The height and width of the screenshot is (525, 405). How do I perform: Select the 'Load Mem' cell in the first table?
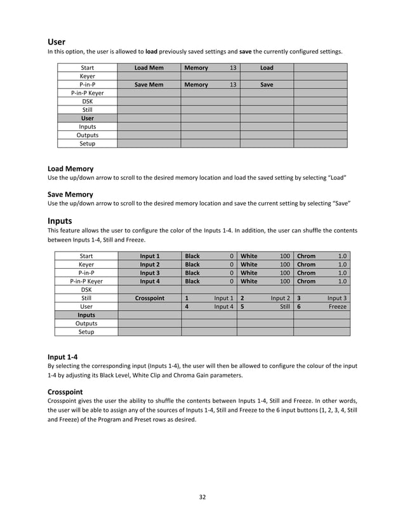coord(149,67)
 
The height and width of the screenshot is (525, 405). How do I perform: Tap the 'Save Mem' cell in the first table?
coord(149,84)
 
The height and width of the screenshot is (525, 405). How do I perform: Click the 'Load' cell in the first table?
coord(267,67)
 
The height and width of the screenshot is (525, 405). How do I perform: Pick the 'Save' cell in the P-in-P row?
coord(267,84)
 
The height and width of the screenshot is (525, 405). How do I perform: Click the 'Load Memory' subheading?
coord(70,168)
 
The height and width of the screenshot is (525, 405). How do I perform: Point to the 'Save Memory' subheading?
coord(70,194)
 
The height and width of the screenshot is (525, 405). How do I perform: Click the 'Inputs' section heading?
coord(60,221)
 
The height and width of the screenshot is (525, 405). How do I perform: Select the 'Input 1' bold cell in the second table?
coord(150,256)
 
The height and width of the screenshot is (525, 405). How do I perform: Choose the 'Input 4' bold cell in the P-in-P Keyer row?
coord(150,281)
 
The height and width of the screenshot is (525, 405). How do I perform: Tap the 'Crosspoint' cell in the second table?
coord(150,297)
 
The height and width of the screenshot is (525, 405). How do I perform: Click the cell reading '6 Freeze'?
coord(321,306)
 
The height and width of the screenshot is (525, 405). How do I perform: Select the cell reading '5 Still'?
coord(265,306)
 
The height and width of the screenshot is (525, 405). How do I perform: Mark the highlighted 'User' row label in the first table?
coord(87,118)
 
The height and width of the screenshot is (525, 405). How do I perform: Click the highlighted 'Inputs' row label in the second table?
coord(86,315)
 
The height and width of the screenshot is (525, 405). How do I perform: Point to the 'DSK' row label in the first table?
coord(87,101)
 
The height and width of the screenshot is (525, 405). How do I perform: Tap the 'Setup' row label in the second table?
coord(86,332)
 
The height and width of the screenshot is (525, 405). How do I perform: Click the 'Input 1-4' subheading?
coord(64,357)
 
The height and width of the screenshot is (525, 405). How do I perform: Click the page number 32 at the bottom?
coord(202,497)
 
